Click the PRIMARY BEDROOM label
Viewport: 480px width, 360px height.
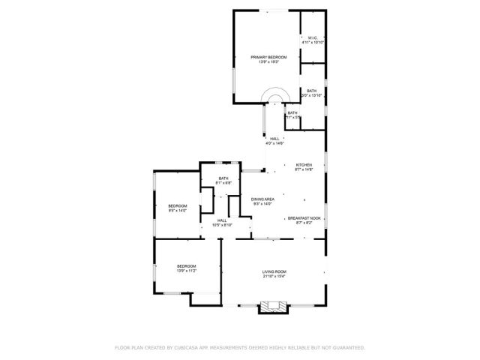point(268,57)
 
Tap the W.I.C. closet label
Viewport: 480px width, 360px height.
point(312,38)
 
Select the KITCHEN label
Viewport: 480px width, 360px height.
point(304,165)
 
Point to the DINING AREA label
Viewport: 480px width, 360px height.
point(262,199)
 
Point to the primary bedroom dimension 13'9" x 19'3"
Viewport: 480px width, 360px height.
point(268,62)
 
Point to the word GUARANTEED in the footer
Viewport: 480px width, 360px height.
point(347,348)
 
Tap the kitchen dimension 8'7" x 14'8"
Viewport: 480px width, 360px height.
point(304,170)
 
